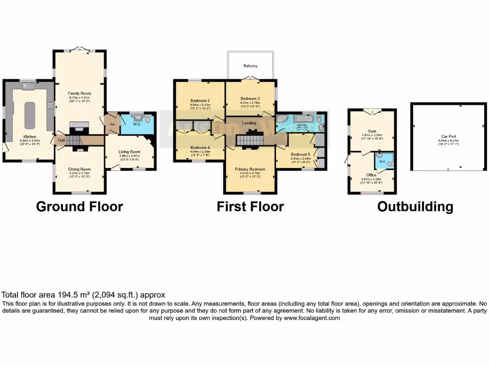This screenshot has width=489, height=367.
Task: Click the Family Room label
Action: coord(79,93)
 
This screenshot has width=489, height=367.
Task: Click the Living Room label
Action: coord(129,151)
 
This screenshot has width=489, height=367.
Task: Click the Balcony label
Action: coord(250,66)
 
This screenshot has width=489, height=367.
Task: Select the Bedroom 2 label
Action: coord(200,101)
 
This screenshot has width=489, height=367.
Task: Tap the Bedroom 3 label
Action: coord(250,98)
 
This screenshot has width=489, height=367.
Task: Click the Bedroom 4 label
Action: coord(200,148)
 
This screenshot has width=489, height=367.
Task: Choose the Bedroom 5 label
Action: coord(301,154)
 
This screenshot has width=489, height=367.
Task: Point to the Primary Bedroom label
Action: coord(250,169)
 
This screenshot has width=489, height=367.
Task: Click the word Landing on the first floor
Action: coord(249,123)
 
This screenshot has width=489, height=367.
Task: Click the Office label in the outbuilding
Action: coord(372,175)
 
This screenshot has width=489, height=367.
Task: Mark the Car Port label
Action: coord(448,136)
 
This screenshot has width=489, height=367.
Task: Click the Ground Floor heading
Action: coord(79,206)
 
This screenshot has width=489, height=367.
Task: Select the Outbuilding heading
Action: coord(415,206)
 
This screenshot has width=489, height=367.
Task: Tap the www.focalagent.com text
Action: coord(312,318)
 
